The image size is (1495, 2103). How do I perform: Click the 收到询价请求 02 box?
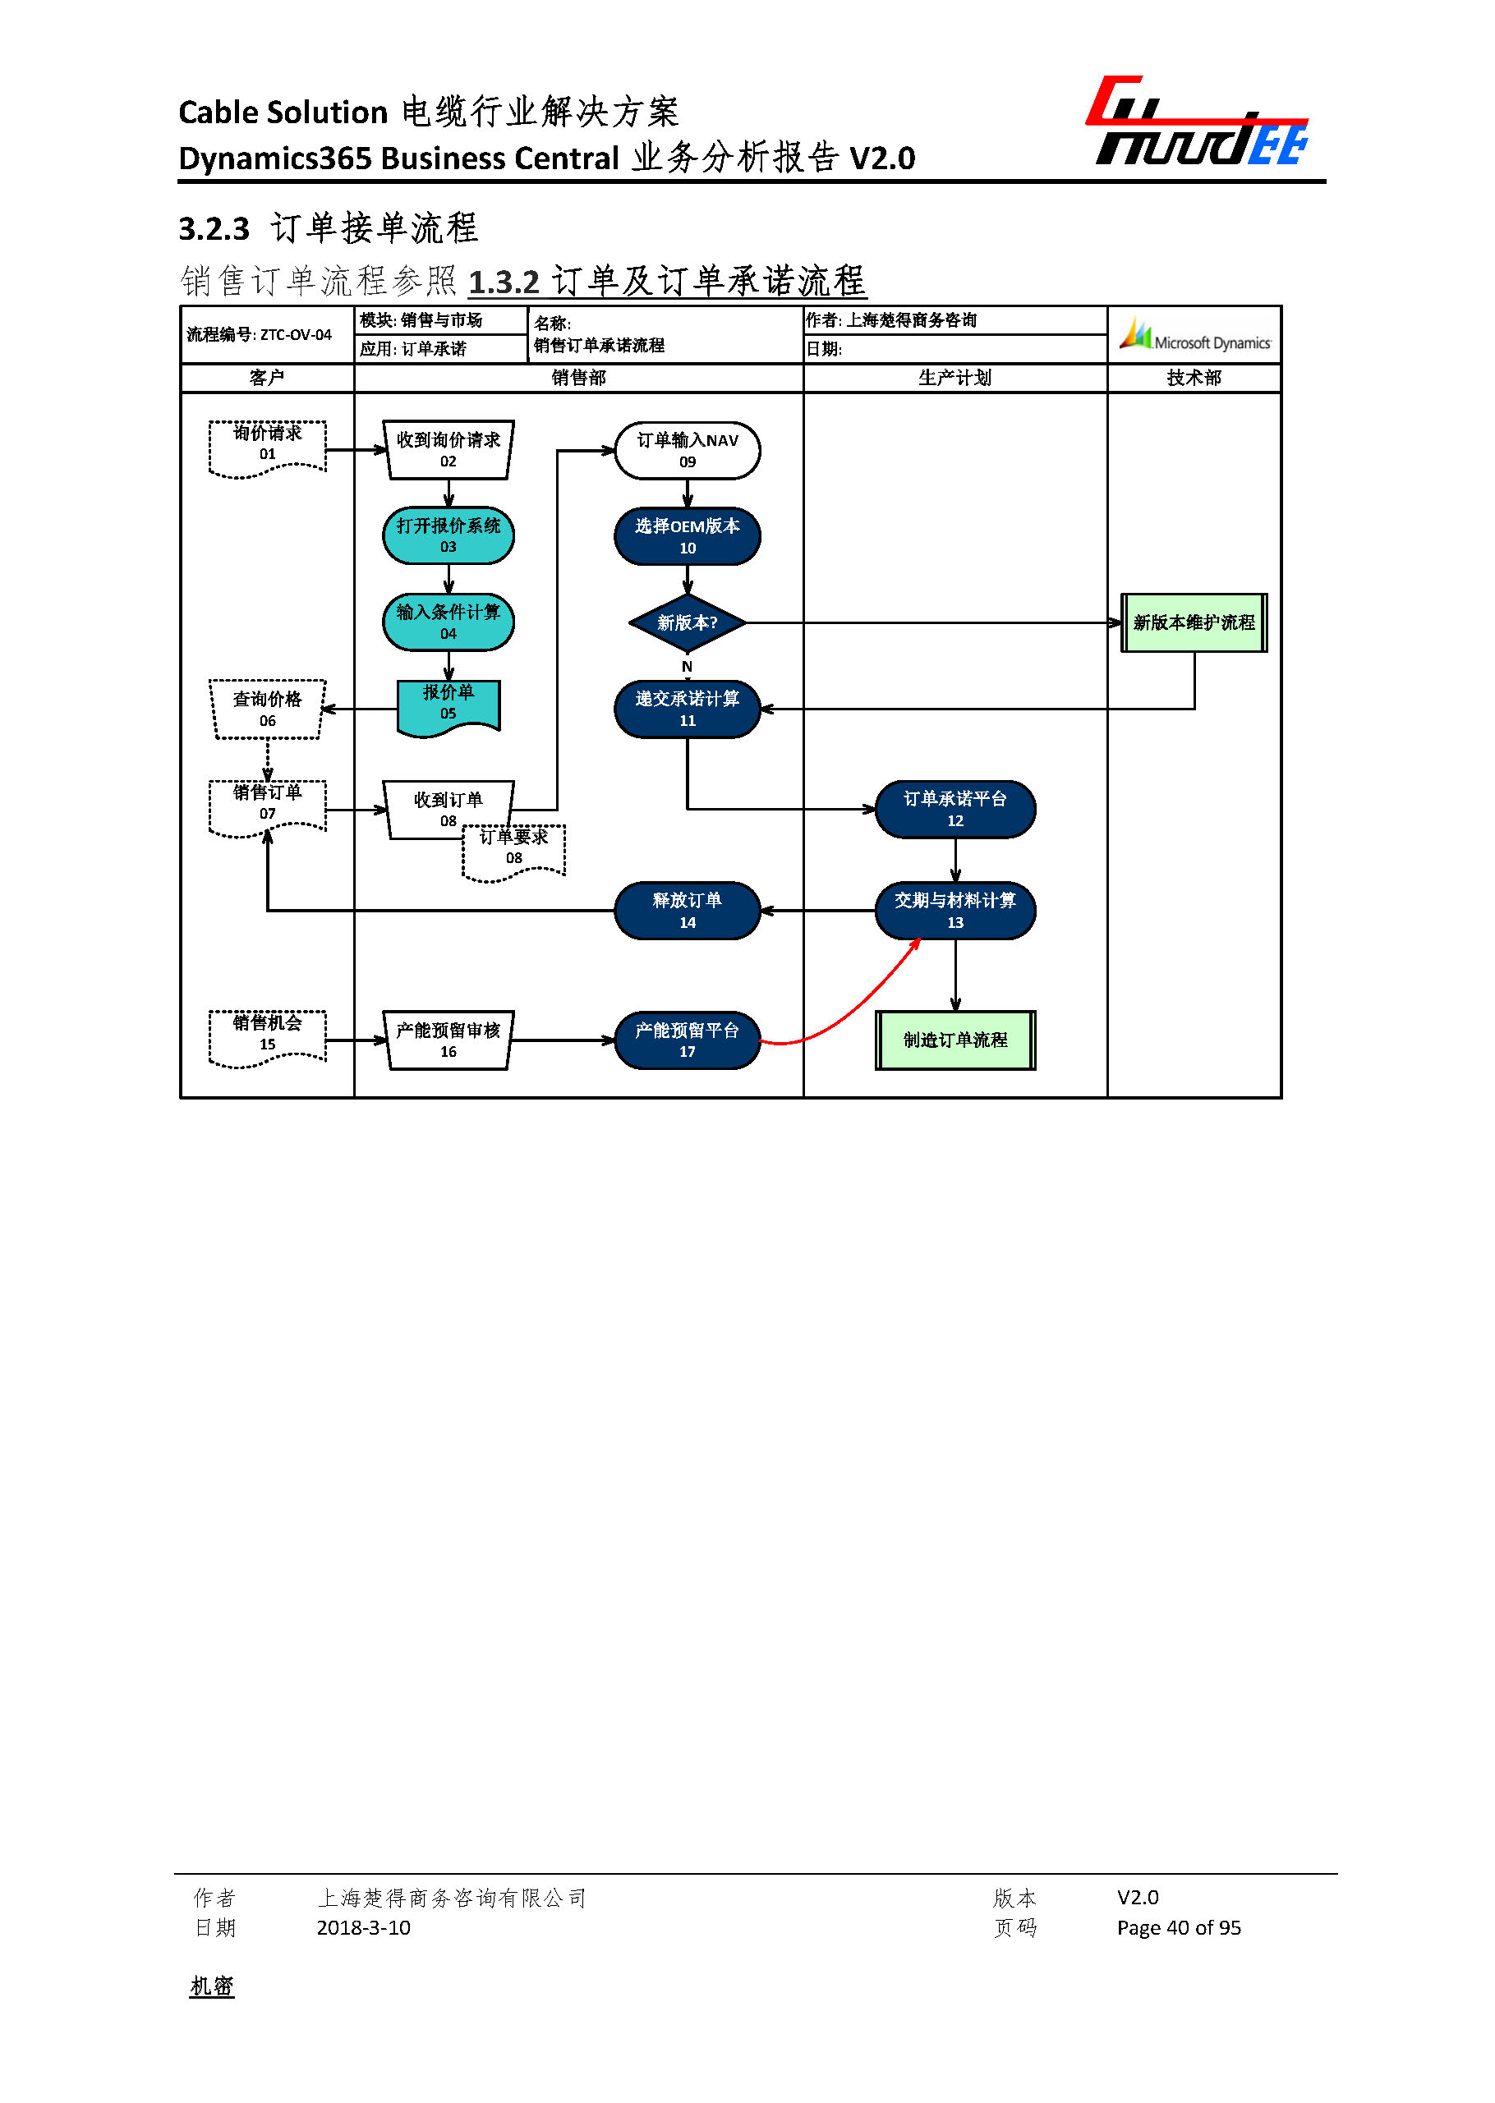click(448, 450)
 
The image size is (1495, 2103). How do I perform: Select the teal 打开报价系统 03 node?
click(448, 535)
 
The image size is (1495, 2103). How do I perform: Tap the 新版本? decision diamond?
click(687, 623)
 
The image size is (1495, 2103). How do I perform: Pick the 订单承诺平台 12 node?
click(954, 809)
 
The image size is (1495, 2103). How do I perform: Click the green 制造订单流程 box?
click(954, 1040)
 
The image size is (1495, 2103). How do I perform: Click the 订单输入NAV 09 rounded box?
click(687, 450)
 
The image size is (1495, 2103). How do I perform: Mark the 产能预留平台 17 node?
click(687, 1040)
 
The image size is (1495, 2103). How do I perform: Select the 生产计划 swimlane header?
click(954, 378)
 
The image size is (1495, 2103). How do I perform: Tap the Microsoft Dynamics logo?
click(1194, 336)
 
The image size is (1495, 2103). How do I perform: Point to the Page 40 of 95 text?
click(1178, 1927)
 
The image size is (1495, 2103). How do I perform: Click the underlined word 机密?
click(212, 1986)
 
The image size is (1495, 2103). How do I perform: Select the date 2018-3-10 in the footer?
click(363, 1927)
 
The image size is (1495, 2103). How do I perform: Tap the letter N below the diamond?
click(687, 666)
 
